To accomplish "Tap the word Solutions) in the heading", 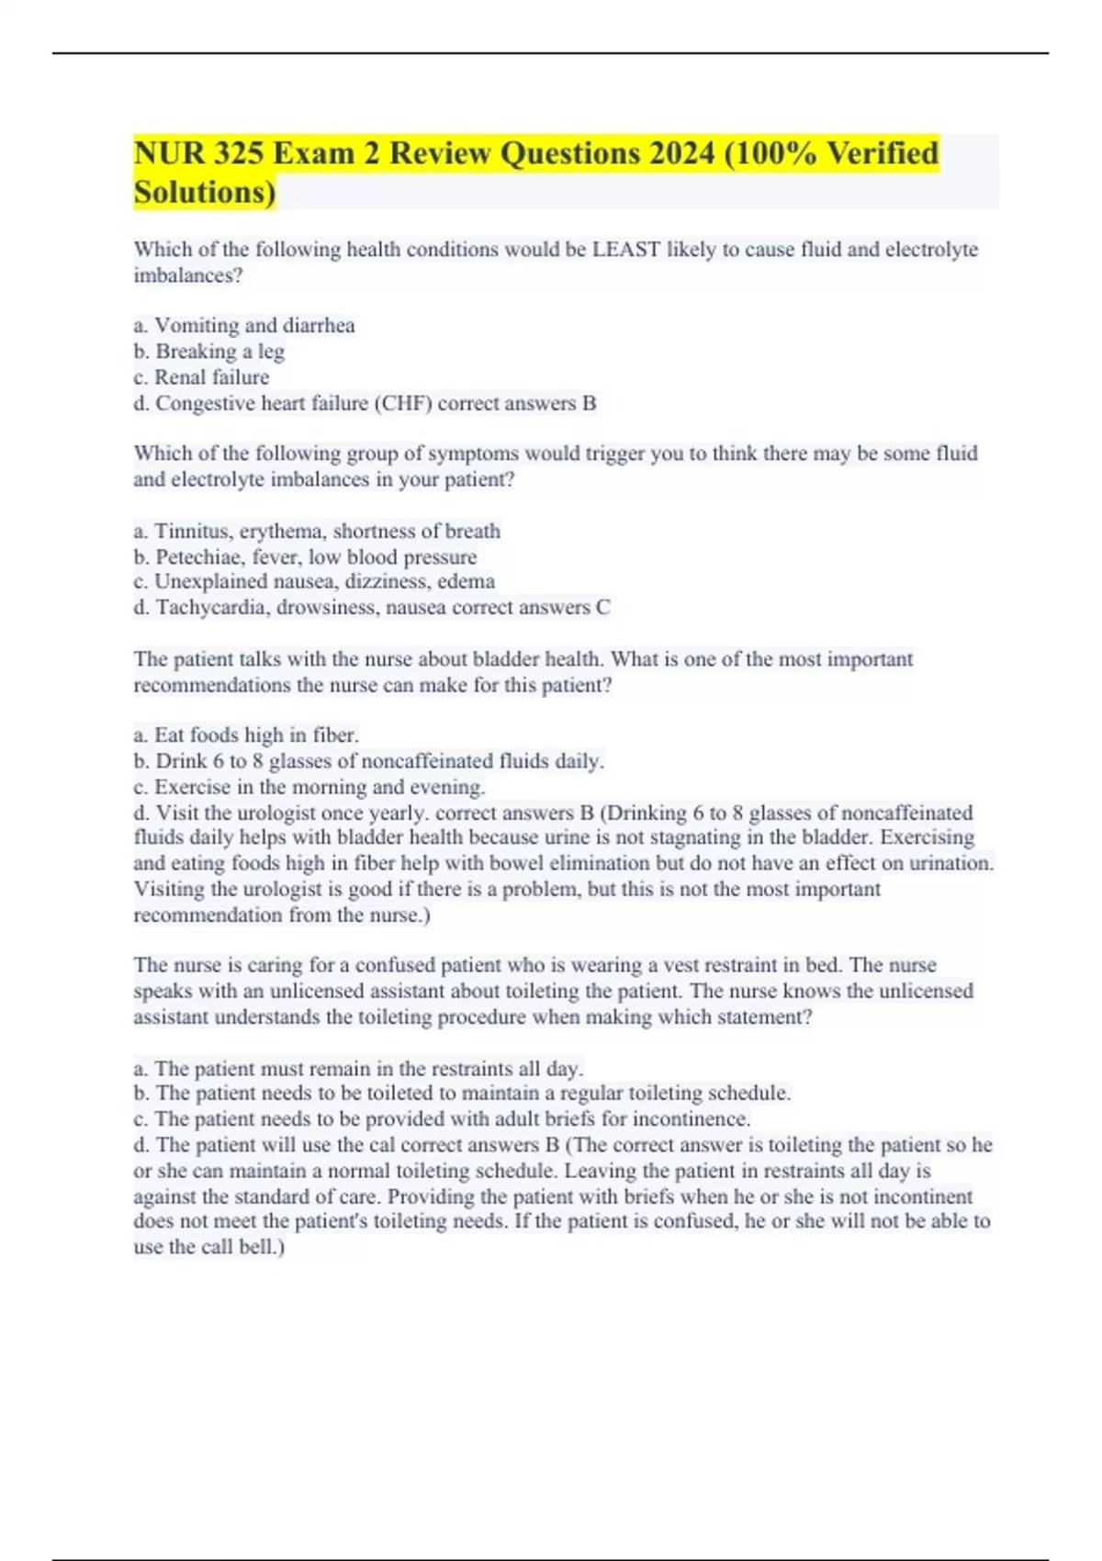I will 204,193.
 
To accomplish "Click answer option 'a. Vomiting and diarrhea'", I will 244,326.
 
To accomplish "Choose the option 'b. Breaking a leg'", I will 209,352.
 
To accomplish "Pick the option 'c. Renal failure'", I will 202,377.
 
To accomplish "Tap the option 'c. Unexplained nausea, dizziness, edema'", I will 314,582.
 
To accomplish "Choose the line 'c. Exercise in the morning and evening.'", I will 309,787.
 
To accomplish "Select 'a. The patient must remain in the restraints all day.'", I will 358,1069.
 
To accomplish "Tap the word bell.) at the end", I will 262,1248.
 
